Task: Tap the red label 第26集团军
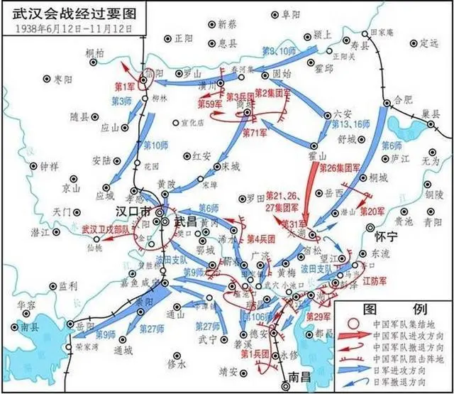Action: click(x=338, y=168)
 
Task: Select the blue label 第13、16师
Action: click(x=350, y=124)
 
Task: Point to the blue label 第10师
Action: click(x=155, y=146)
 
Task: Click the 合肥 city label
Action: click(x=402, y=99)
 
